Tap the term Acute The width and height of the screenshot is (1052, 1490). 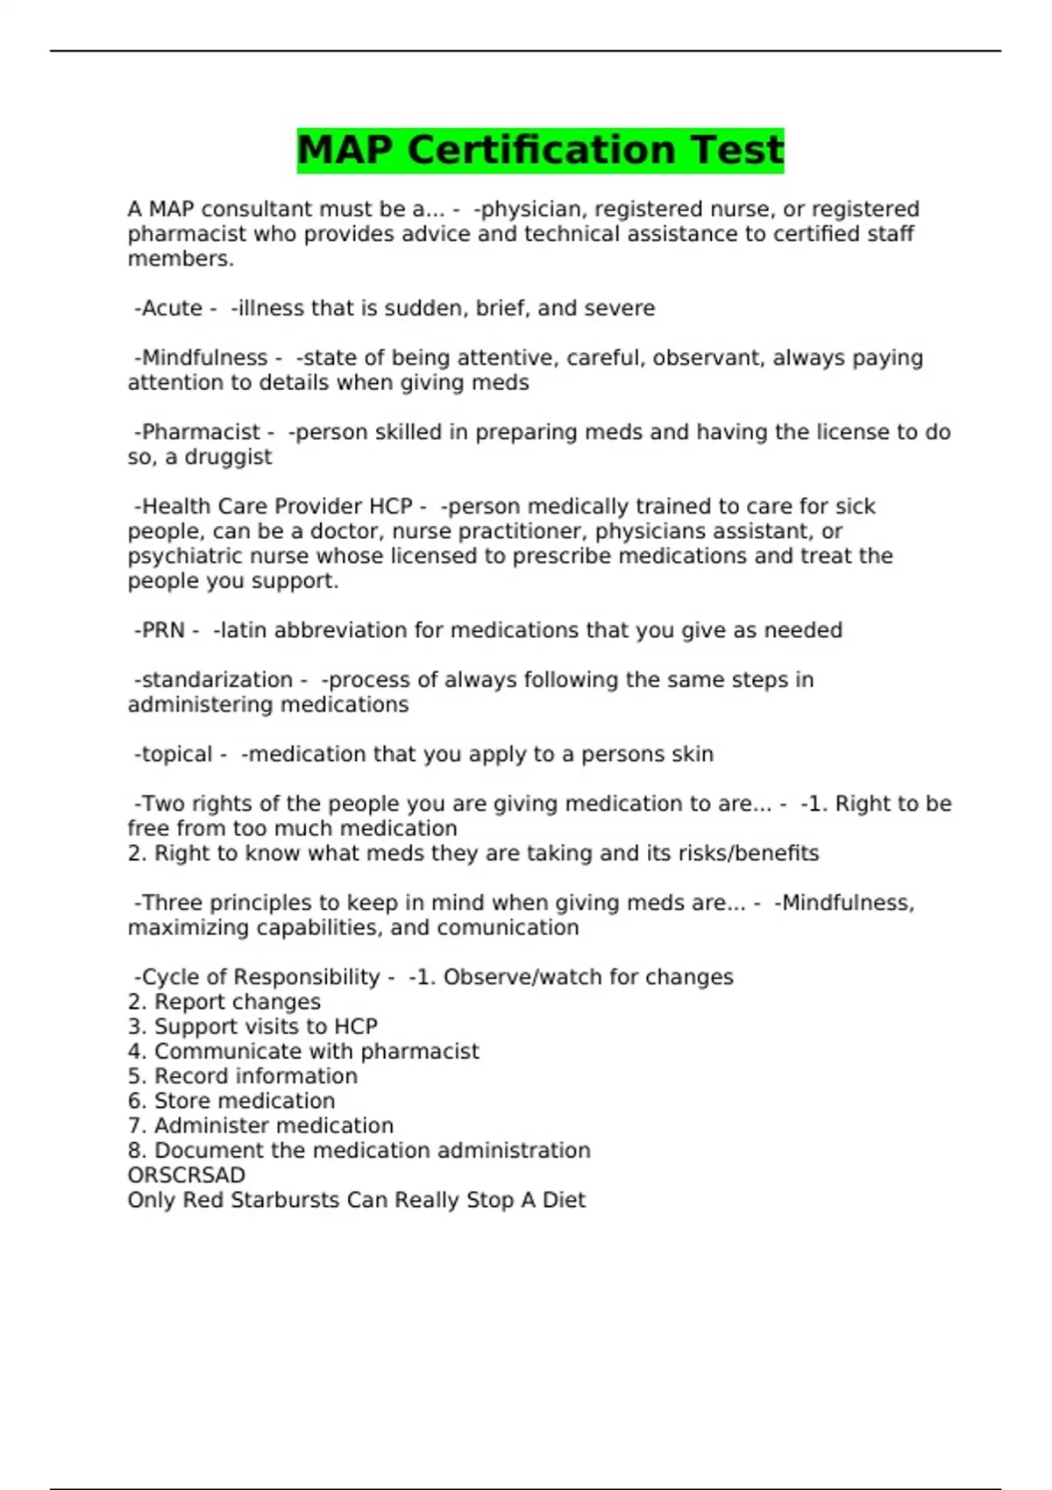pyautogui.click(x=172, y=309)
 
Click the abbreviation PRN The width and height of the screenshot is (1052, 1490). pyautogui.click(x=163, y=631)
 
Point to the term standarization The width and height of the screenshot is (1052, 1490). pyautogui.click(x=217, y=680)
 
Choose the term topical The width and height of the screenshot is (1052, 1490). pyautogui.click(x=176, y=755)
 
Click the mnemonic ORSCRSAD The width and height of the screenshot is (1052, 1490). pyautogui.click(x=186, y=1175)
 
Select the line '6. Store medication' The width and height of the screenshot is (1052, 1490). pyautogui.click(x=231, y=1101)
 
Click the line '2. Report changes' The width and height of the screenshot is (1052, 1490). pyautogui.click(x=224, y=1002)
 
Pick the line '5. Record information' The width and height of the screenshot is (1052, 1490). pyautogui.click(x=243, y=1076)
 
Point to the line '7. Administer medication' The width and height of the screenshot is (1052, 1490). pyautogui.click(x=260, y=1125)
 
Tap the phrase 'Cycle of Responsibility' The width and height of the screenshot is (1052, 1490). pyautogui.click(x=260, y=977)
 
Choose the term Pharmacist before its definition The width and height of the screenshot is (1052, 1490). pyautogui.click(x=201, y=433)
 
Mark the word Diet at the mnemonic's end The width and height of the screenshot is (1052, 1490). pyautogui.click(x=563, y=1200)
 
